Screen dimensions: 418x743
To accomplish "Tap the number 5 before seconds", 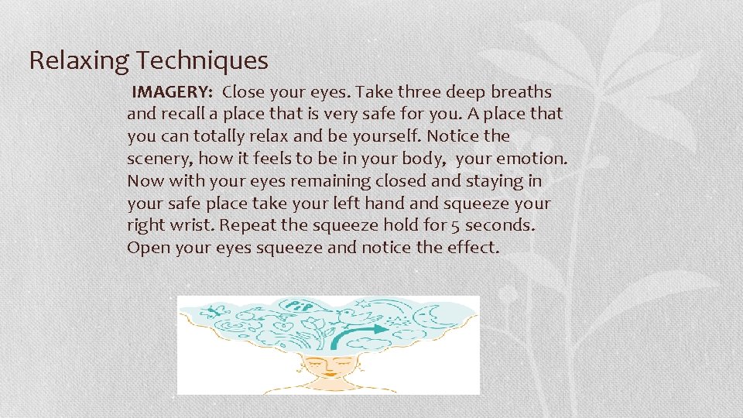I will click(x=449, y=225).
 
